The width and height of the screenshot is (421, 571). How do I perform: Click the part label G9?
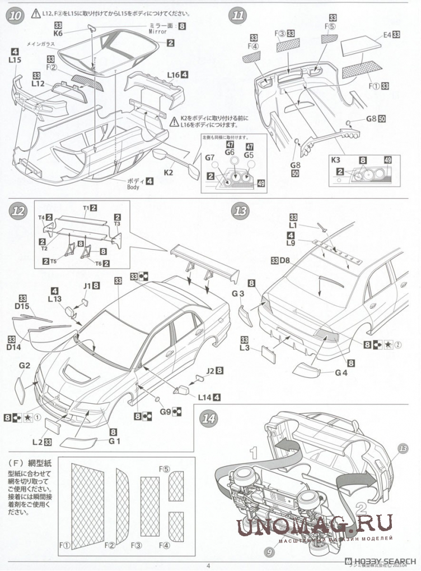pos(164,412)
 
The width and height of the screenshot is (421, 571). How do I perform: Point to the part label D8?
pos(284,260)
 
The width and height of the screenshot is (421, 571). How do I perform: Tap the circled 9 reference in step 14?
pos(269,551)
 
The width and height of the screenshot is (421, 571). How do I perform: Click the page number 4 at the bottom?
pos(208,565)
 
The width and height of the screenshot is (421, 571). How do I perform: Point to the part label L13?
pos(54,299)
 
